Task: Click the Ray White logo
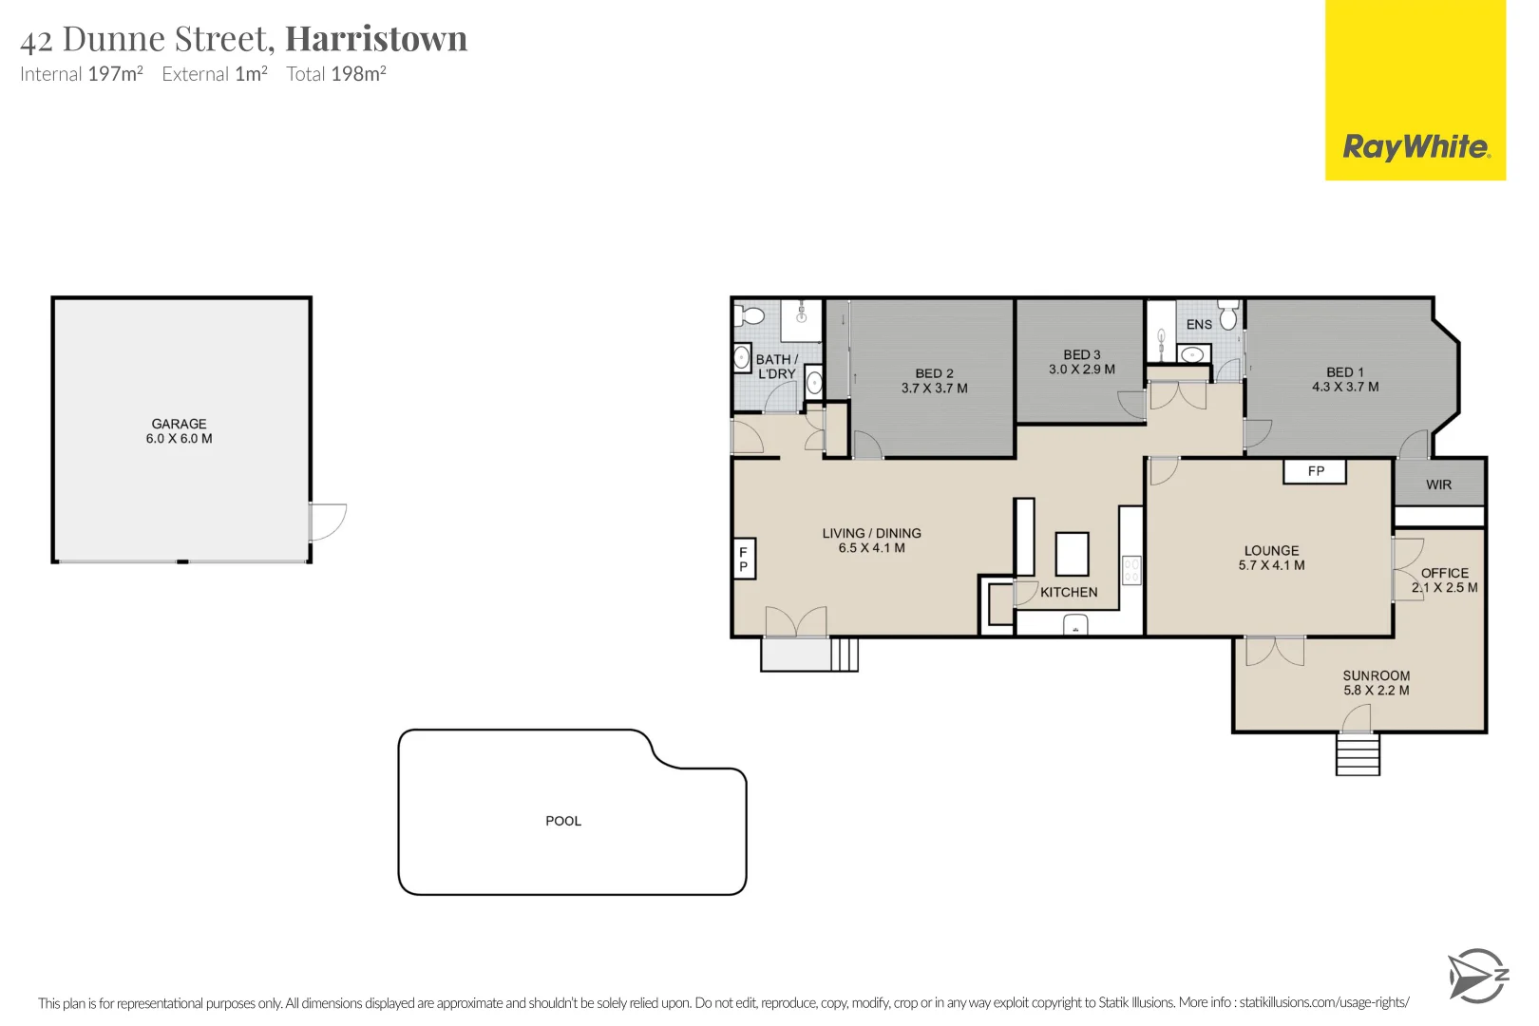tap(1415, 147)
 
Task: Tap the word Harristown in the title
tap(376, 39)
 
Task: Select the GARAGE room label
tap(179, 424)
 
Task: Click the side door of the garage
tap(327, 522)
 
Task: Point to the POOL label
tap(563, 821)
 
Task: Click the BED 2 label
tap(934, 373)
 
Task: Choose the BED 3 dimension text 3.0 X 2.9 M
tap(1081, 370)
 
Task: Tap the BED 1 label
tap(1344, 372)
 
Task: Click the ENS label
tap(1199, 324)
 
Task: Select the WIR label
tap(1438, 484)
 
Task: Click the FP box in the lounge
tap(1315, 471)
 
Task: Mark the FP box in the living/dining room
tap(744, 559)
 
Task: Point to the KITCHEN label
tap(1069, 592)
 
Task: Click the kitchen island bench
tap(1072, 553)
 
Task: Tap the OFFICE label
tap(1444, 573)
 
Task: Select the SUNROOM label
tap(1376, 675)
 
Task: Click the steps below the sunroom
tap(1357, 754)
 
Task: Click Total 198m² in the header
tap(336, 74)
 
